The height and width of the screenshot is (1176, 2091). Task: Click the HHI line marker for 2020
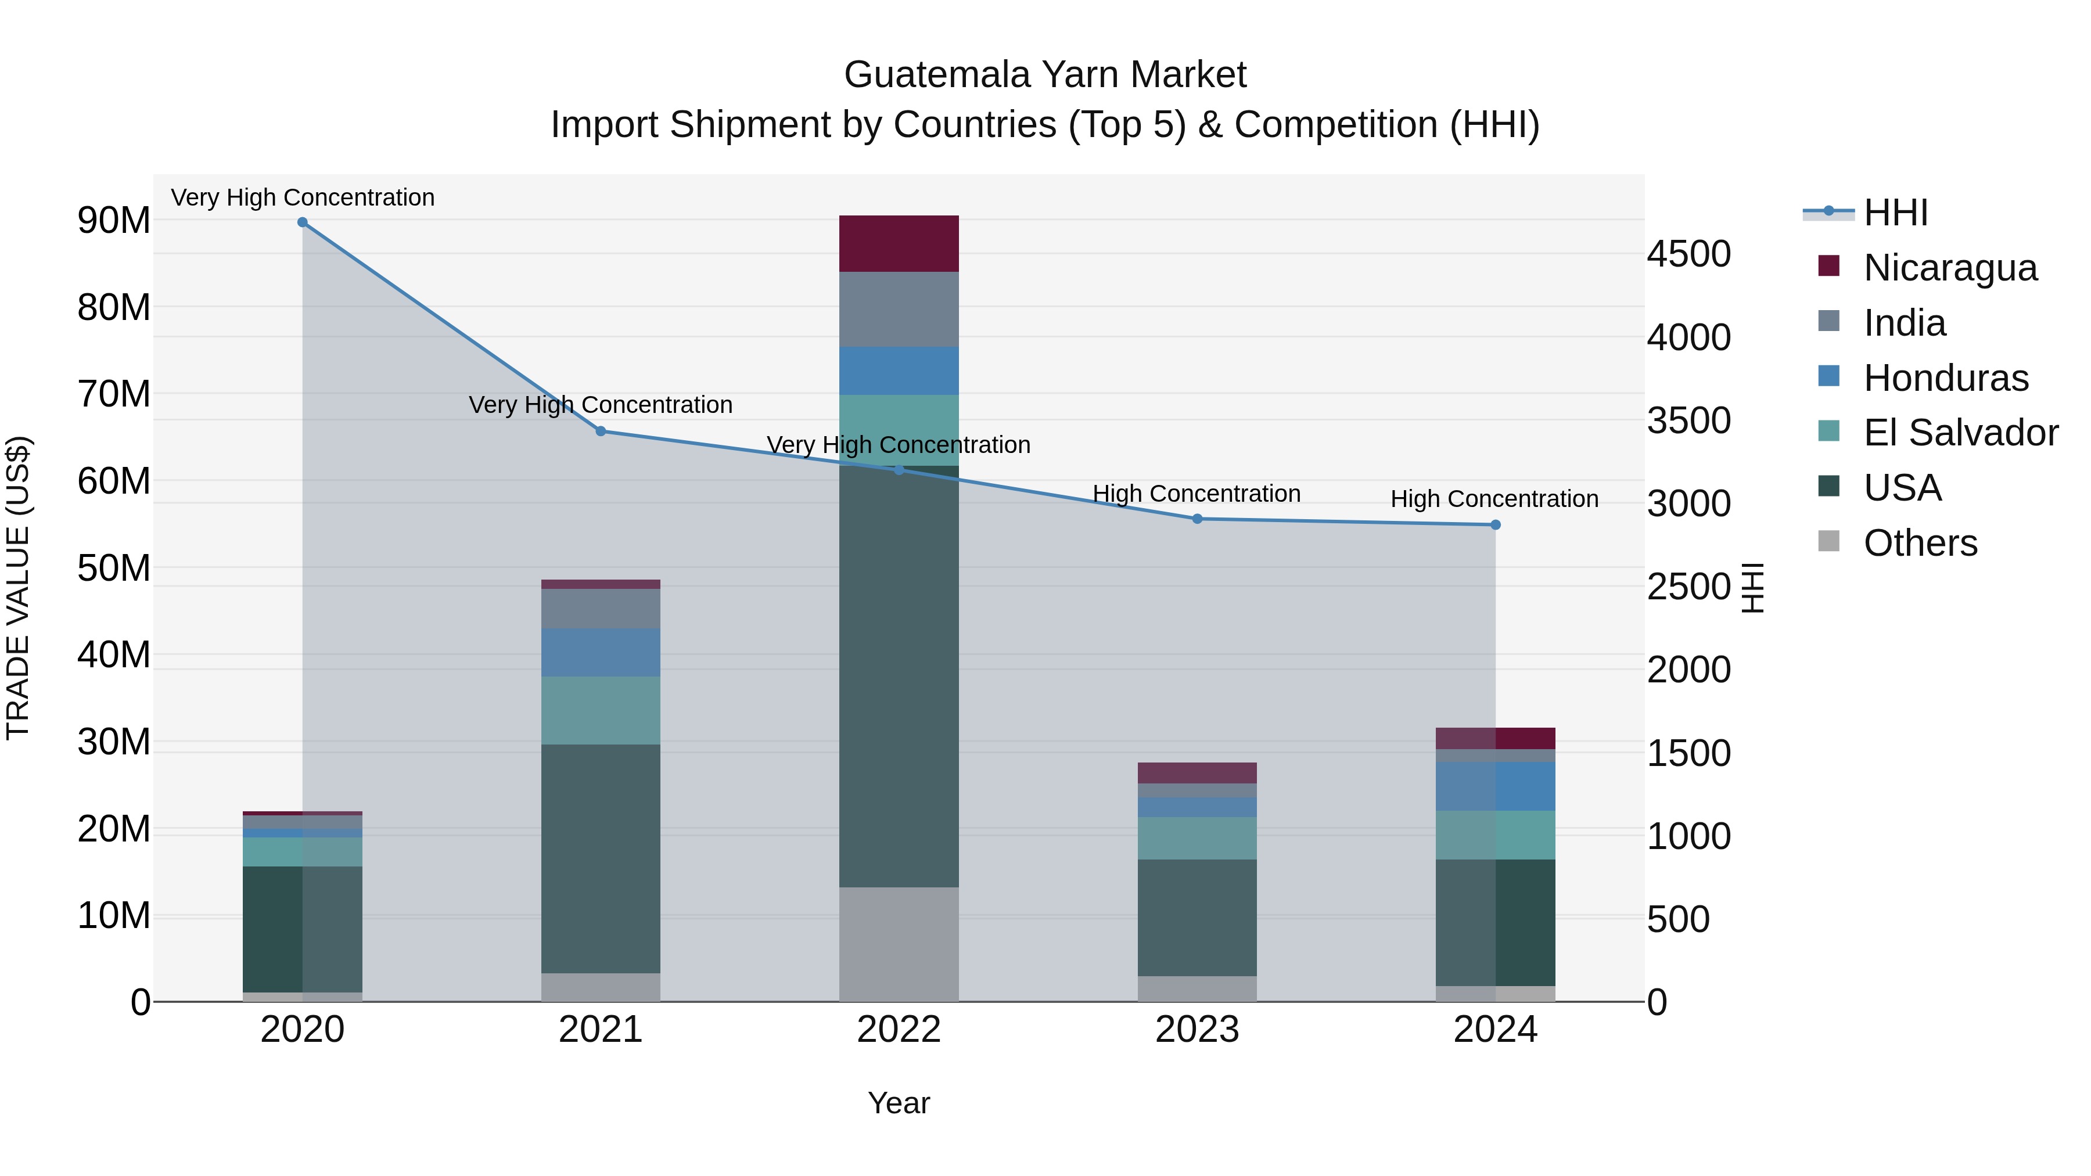coord(302,222)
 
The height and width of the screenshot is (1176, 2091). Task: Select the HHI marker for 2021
coord(601,431)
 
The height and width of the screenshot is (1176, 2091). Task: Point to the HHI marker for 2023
coord(1197,519)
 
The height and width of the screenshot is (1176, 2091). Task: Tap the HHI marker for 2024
coord(1495,525)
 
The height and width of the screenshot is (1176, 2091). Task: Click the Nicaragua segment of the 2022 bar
coord(899,243)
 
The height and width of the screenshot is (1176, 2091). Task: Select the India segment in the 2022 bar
coord(899,309)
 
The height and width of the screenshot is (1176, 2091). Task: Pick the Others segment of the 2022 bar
coord(899,944)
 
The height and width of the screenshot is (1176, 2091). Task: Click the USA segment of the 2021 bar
coord(601,859)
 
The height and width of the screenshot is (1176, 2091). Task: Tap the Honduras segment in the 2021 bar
coord(601,653)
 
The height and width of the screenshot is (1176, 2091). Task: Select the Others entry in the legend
coord(1920,543)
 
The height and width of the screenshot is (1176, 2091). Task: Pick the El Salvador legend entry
coord(1960,433)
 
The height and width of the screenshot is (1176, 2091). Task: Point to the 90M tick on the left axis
coord(114,221)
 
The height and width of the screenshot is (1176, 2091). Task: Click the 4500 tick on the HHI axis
coord(1688,254)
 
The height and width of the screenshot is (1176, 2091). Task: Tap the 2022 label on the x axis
coord(899,1030)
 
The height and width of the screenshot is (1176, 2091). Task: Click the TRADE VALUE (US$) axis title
coord(18,588)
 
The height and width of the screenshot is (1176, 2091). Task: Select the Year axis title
coord(899,1103)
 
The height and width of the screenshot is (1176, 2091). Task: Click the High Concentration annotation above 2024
coord(1494,498)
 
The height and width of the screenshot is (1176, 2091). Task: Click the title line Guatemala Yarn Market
coord(1045,75)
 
